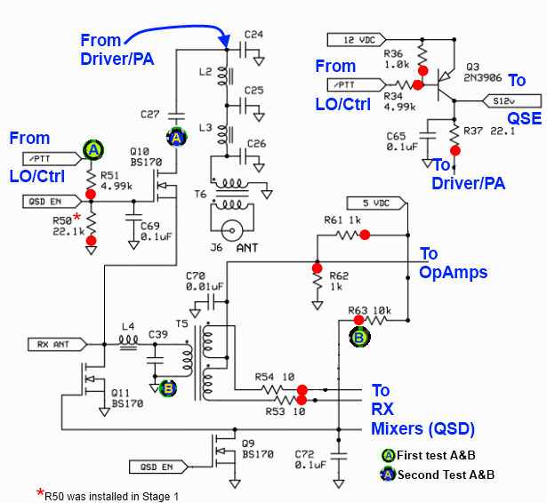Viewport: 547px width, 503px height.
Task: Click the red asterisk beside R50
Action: point(77,217)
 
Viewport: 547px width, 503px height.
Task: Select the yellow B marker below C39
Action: point(168,387)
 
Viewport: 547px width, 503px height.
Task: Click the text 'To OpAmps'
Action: point(453,263)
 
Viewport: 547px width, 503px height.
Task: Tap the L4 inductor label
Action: point(127,327)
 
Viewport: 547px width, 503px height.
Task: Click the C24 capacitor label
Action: point(253,36)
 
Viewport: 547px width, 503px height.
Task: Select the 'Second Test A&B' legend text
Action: point(446,475)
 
